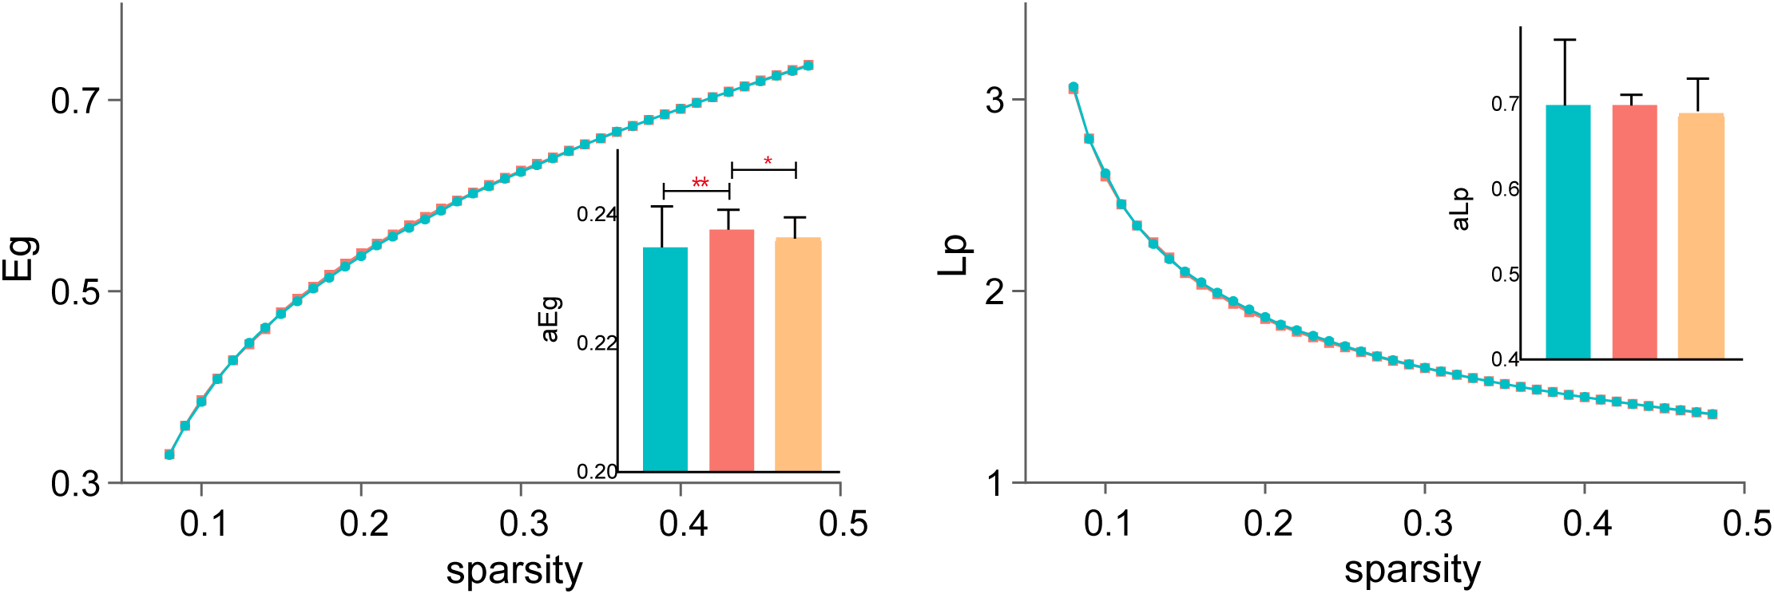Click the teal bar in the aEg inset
(x=665, y=359)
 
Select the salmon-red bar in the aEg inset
(x=732, y=351)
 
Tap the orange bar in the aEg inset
(x=798, y=355)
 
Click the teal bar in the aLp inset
(x=1568, y=232)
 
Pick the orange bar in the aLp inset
(x=1701, y=236)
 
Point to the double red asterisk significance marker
(x=700, y=183)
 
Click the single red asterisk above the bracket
(x=768, y=161)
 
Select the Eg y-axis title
(x=19, y=258)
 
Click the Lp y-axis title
(x=952, y=255)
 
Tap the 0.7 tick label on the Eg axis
(x=76, y=101)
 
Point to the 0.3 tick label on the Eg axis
(x=76, y=484)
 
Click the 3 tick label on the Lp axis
(x=994, y=101)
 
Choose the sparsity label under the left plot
(x=514, y=570)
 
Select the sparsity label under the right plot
(x=1412, y=570)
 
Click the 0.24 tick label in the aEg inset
(x=597, y=214)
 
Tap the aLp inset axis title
(x=1460, y=209)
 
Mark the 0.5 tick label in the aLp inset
(x=1504, y=275)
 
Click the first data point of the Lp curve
(x=1074, y=88)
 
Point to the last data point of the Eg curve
(x=808, y=65)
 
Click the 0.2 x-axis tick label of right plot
(x=1268, y=524)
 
